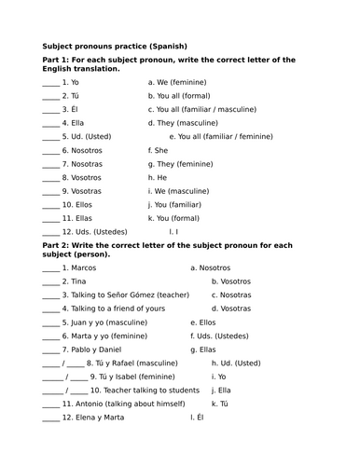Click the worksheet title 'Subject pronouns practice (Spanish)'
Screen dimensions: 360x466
tap(115, 45)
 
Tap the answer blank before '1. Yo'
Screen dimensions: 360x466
tap(50, 82)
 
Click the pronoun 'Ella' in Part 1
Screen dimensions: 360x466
tap(77, 122)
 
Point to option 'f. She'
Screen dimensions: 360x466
tap(158, 149)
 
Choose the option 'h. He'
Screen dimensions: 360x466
tap(157, 177)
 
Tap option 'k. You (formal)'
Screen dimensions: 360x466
tap(180, 217)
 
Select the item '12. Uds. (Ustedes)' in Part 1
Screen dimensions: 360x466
tap(95, 231)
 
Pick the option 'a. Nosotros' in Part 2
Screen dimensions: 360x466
tap(210, 267)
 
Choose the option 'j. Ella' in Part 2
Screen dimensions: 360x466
tap(221, 390)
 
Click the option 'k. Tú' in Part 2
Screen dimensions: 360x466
tap(220, 404)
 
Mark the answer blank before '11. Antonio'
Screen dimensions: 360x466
tap(50, 404)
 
